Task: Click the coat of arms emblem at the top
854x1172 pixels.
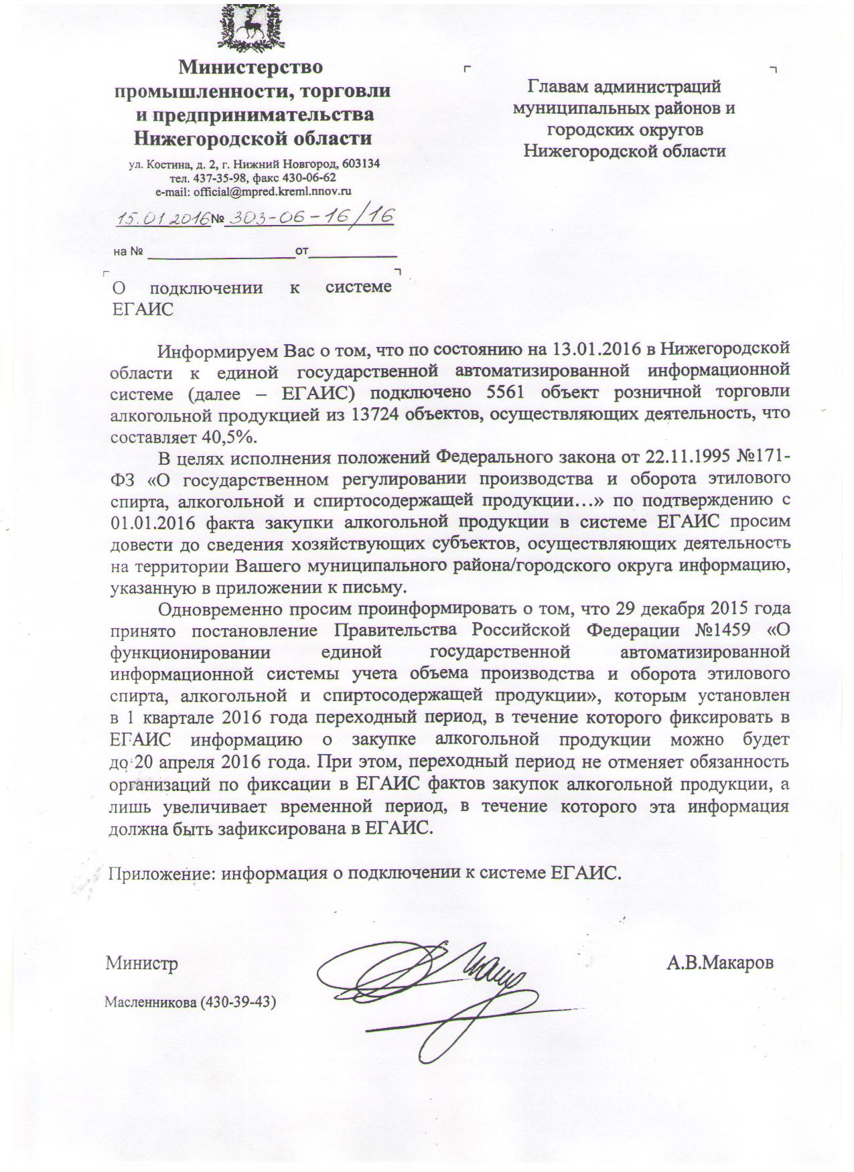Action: (x=250, y=27)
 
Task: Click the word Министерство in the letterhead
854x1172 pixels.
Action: (x=250, y=67)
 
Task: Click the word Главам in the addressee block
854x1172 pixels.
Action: (x=559, y=86)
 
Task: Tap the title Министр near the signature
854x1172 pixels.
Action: (x=141, y=964)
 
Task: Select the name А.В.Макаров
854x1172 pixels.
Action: (x=719, y=963)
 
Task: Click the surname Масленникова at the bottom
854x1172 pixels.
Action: (x=147, y=1003)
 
